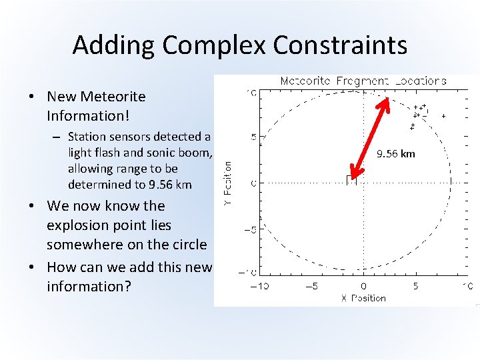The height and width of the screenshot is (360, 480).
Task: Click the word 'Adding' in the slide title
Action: (114, 45)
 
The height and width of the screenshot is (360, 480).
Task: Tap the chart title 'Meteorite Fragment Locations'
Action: (363, 81)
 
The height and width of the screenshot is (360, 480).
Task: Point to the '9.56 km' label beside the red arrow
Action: (395, 154)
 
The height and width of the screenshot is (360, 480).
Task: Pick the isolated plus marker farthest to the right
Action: (443, 116)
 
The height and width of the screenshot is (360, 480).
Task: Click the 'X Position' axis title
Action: (363, 298)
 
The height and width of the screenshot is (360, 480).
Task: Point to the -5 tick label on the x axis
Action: (311, 287)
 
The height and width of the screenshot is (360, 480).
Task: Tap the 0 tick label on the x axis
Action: (363, 287)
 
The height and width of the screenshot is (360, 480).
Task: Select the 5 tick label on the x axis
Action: (415, 287)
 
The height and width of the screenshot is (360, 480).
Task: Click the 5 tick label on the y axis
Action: (252, 137)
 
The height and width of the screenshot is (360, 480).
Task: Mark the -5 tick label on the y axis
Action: (250, 229)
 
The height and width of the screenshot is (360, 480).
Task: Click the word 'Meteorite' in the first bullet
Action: (117, 97)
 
